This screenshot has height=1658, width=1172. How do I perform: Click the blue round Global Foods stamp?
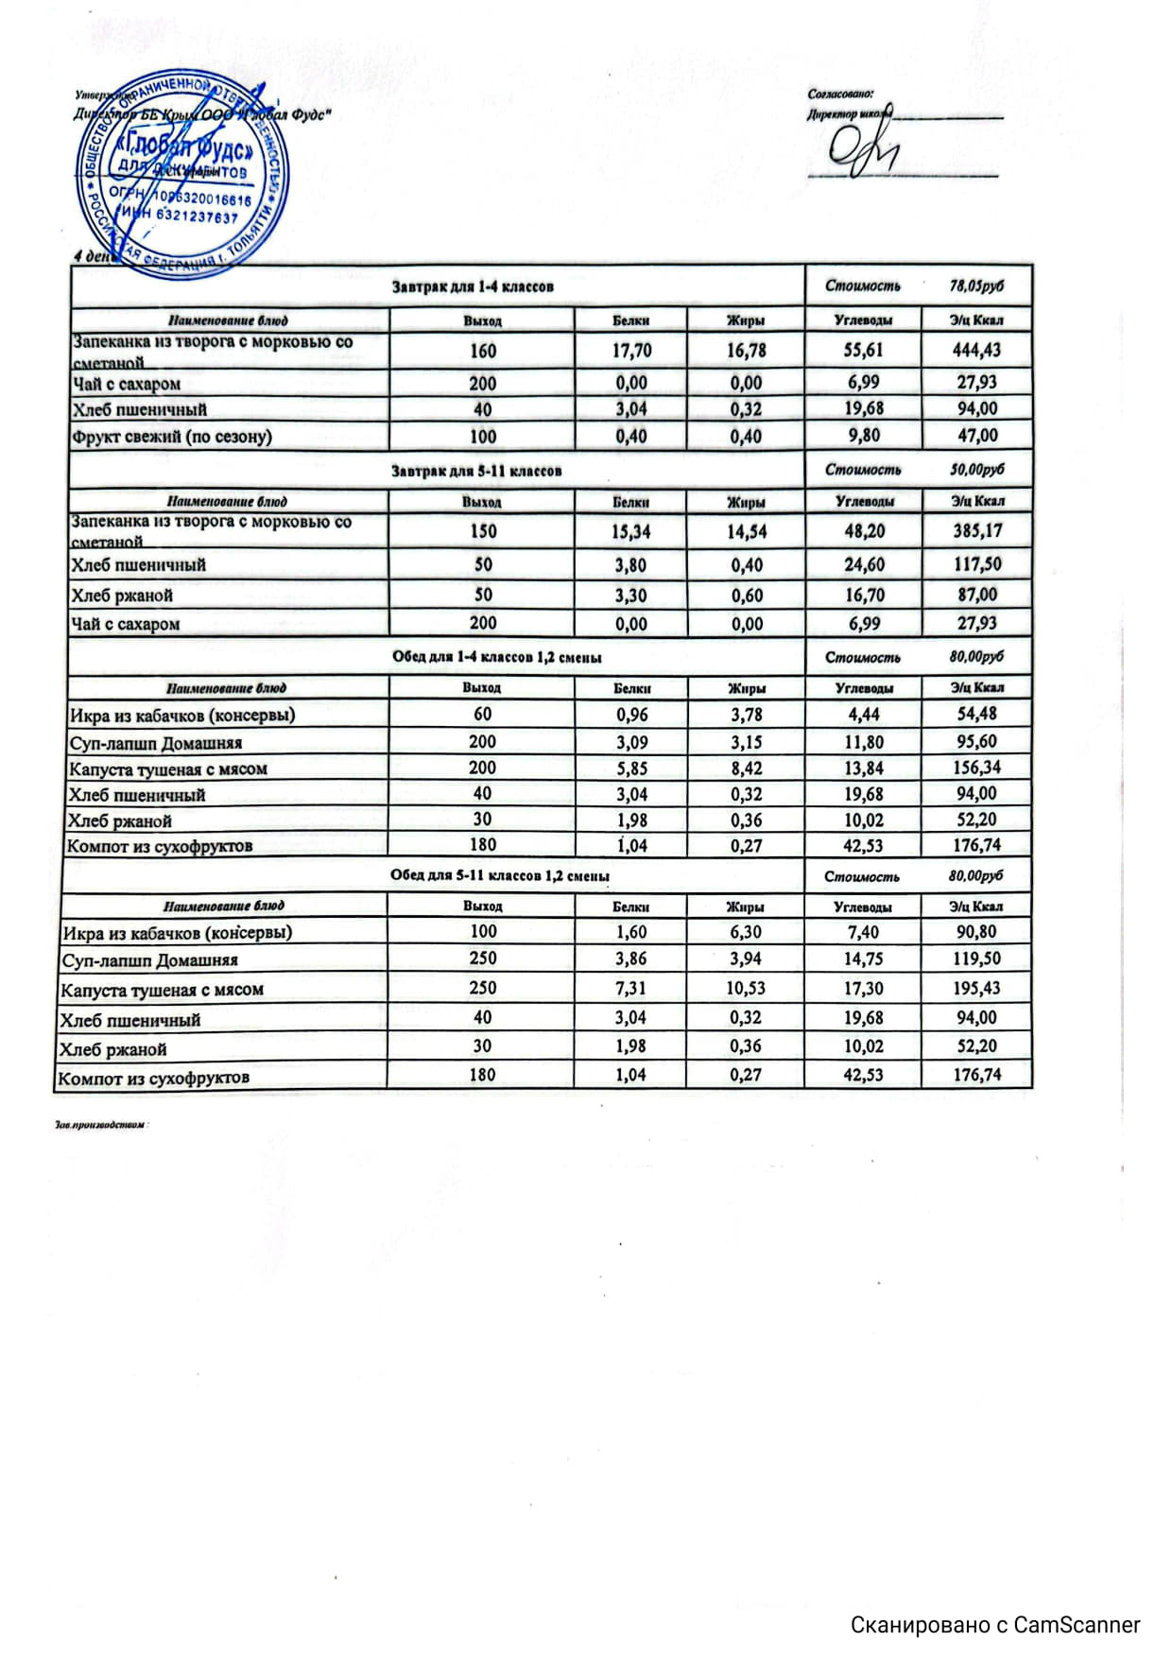(x=182, y=172)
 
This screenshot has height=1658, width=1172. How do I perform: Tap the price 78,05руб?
(x=976, y=285)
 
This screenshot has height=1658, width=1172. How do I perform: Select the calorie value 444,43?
(x=976, y=350)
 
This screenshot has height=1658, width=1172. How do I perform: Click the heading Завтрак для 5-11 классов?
(x=476, y=471)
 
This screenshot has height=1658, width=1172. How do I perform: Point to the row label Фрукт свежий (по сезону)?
(x=172, y=437)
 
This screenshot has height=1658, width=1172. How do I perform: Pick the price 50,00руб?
(x=976, y=470)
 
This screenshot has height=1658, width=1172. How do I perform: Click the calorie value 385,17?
(x=976, y=531)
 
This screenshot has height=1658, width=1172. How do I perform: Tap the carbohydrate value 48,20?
(x=863, y=531)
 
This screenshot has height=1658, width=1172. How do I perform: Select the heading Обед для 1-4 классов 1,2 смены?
(x=496, y=657)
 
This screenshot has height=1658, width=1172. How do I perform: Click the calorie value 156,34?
(x=976, y=768)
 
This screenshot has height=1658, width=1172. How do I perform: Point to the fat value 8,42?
(x=746, y=769)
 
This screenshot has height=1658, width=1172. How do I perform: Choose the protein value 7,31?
(x=630, y=988)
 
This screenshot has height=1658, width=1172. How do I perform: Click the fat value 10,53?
(x=746, y=988)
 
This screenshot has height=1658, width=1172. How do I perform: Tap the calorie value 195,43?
(x=976, y=988)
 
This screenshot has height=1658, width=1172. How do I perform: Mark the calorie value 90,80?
(x=976, y=932)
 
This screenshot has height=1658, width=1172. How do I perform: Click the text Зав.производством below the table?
(x=103, y=1125)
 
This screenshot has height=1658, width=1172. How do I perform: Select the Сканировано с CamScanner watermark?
(x=994, y=1624)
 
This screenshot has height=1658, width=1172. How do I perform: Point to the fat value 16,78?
(x=746, y=351)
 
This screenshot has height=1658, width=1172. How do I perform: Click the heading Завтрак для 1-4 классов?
(x=473, y=286)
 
